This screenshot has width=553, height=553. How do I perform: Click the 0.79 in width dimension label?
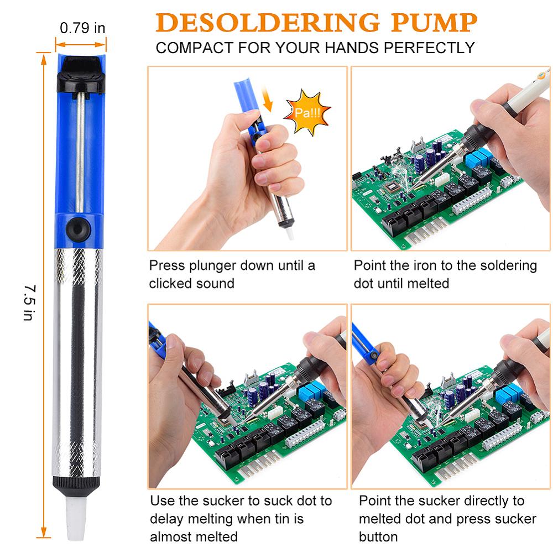(82, 28)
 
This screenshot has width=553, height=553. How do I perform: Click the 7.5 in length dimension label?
(29, 302)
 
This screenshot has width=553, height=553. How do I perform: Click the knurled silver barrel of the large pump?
(77, 359)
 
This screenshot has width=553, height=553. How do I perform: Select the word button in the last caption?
(378, 536)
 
